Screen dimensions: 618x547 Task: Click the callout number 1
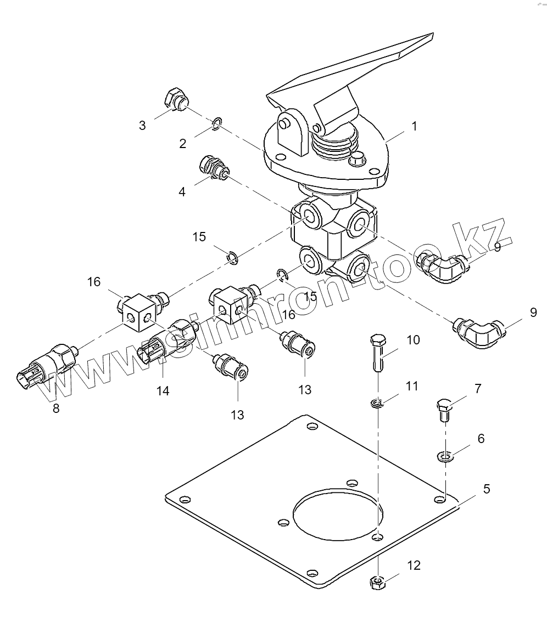[x=414, y=126]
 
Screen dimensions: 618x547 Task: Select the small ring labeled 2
[x=217, y=124]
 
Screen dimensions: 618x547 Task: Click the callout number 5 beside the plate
[x=487, y=489]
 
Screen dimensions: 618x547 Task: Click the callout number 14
[x=163, y=391]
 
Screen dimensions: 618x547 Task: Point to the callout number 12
[x=414, y=564]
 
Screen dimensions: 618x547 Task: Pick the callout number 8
[x=56, y=408]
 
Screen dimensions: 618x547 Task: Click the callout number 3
[x=142, y=126]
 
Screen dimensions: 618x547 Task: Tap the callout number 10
[x=413, y=340]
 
